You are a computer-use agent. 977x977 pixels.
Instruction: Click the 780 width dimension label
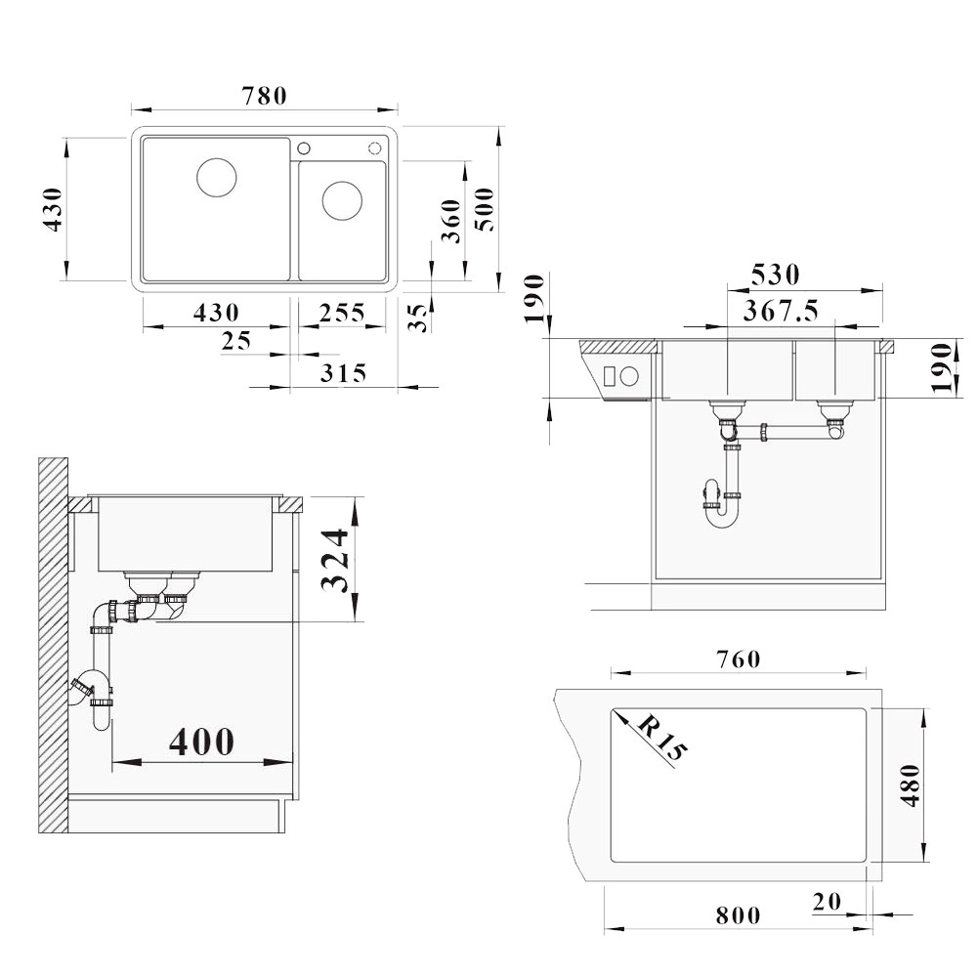point(264,96)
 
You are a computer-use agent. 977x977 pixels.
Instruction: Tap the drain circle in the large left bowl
point(217,178)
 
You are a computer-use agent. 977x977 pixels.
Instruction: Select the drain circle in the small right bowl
point(342,200)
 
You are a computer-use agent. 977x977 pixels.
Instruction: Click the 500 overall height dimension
point(486,209)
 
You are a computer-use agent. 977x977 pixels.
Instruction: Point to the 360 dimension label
point(451,221)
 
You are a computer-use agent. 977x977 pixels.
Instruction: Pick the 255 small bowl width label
point(342,313)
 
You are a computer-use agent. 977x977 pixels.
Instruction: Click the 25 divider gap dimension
point(236,341)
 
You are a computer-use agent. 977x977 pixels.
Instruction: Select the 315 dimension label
point(343,373)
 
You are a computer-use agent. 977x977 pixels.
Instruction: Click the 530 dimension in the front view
point(775,275)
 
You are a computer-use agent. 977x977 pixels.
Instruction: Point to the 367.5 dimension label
point(782,311)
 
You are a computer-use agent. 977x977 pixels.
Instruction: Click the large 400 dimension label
point(202,742)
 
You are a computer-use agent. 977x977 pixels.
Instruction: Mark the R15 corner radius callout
point(661,738)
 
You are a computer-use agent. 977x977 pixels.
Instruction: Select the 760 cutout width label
point(739,659)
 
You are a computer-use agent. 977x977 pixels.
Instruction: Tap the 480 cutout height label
point(910,786)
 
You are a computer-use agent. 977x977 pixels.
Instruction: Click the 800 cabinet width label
point(739,915)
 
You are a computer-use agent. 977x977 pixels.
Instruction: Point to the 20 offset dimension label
point(827,902)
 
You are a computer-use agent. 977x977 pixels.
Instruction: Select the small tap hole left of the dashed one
point(304,149)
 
